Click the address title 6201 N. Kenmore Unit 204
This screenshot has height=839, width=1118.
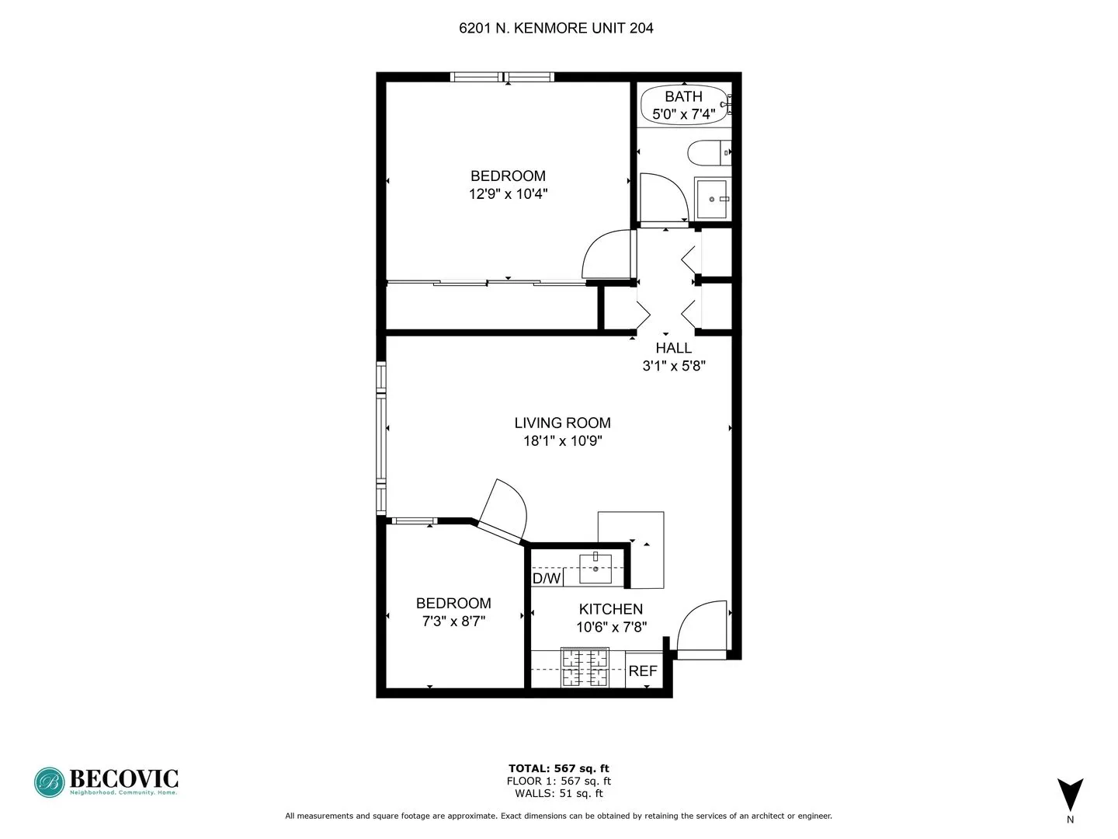tap(556, 29)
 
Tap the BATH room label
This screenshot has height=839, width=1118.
tap(683, 96)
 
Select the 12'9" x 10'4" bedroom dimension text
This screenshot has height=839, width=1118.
tap(508, 193)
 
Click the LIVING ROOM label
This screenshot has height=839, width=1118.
tap(562, 423)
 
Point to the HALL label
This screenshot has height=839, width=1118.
tap(673, 348)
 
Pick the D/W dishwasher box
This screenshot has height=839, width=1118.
tap(547, 578)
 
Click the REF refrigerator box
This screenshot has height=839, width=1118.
tap(643, 670)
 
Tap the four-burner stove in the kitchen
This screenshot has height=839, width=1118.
tap(585, 668)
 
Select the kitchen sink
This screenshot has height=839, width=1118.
tap(595, 569)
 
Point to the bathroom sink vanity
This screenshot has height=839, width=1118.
tap(712, 200)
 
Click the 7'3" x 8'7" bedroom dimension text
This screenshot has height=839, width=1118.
tap(453, 621)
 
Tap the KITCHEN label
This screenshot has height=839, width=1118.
tap(611, 609)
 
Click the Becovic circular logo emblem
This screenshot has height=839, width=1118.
tap(50, 782)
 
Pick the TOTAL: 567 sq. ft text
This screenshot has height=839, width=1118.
tap(558, 768)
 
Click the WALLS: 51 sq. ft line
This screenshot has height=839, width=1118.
tap(558, 793)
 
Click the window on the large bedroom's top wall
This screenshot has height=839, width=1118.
tap(502, 77)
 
